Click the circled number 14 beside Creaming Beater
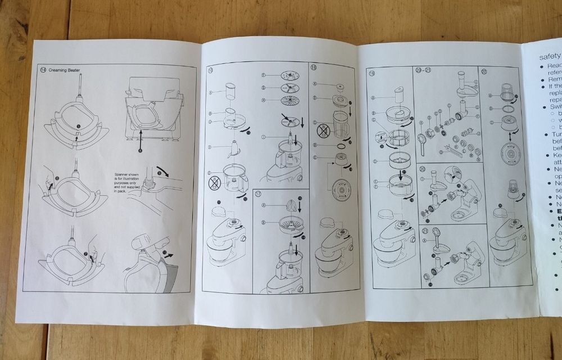click(x=43, y=70)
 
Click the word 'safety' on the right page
click(x=550, y=56)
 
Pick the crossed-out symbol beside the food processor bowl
click(x=215, y=182)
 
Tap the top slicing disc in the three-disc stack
click(x=289, y=75)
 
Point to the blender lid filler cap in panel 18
click(x=339, y=87)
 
